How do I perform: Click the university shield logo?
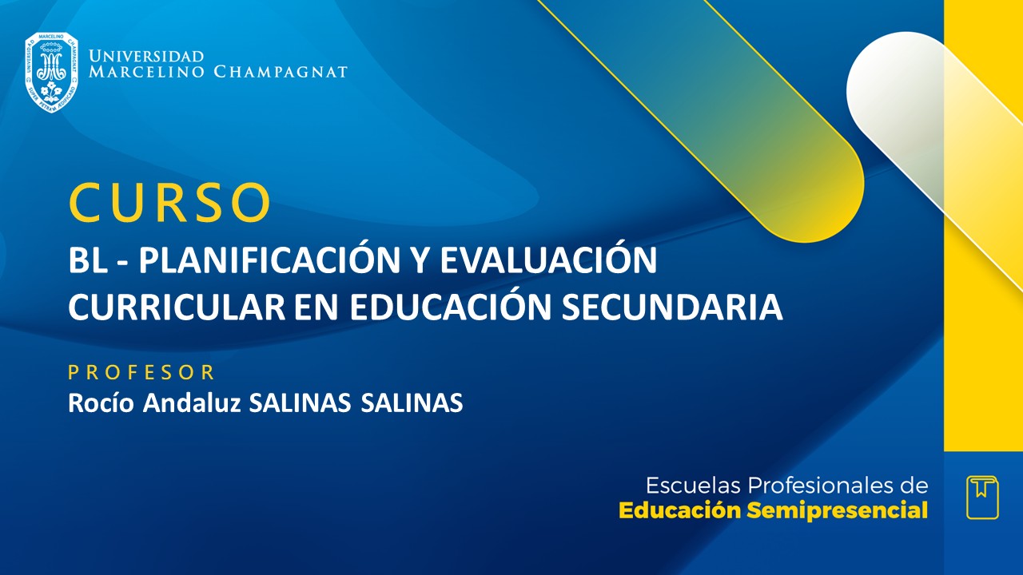[51, 72]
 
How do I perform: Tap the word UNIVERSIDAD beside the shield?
[146, 57]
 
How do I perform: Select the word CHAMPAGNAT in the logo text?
[281, 72]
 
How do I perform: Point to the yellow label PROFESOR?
[141, 372]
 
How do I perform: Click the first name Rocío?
[102, 403]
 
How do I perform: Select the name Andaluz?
[193, 403]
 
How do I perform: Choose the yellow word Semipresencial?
[837, 511]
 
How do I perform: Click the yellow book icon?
[982, 497]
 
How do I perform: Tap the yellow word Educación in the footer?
[680, 511]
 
